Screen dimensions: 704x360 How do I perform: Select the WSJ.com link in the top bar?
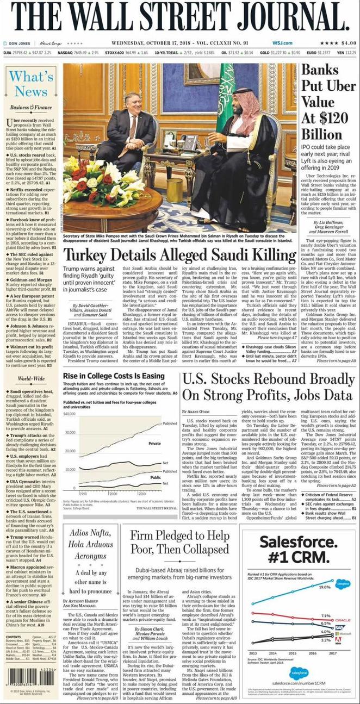283,43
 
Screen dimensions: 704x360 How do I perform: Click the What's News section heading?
31,83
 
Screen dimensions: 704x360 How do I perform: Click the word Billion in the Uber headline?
321,134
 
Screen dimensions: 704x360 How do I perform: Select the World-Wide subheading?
31,379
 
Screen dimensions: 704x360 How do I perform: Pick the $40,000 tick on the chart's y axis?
69,414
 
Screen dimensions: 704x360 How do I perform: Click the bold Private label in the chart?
155,443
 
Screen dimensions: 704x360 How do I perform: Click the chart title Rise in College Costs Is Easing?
114,376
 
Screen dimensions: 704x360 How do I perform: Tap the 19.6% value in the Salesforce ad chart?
325,587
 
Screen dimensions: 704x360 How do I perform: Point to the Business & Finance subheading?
32,107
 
